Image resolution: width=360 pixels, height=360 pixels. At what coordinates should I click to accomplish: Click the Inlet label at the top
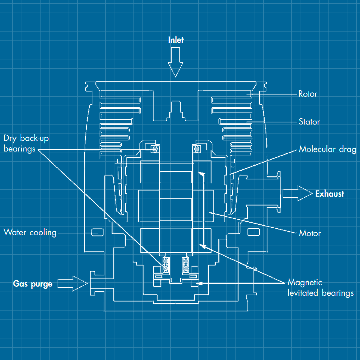[176, 40]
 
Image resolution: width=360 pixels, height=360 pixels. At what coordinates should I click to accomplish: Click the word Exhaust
[329, 194]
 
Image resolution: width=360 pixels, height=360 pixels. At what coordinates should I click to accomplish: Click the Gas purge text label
[33, 284]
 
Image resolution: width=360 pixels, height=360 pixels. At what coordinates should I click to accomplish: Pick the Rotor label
[307, 94]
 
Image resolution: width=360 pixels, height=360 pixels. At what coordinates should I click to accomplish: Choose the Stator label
[309, 122]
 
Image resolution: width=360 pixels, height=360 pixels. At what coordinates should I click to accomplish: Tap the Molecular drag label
[327, 149]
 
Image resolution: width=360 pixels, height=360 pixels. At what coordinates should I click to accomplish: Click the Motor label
[310, 233]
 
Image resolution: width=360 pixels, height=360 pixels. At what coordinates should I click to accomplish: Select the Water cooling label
[30, 232]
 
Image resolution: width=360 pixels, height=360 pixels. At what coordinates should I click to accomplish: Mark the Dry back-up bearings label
[26, 143]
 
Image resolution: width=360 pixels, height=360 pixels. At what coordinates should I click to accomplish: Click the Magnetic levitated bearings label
[320, 287]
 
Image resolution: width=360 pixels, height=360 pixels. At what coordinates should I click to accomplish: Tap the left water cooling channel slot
[97, 232]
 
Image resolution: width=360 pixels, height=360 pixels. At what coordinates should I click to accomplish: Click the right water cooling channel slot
[253, 232]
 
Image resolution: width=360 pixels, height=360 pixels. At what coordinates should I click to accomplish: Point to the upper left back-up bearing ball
[155, 149]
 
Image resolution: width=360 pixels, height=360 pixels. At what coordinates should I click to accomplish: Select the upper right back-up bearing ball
[197, 149]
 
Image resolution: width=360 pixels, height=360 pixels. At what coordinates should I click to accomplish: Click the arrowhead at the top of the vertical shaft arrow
[202, 174]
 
